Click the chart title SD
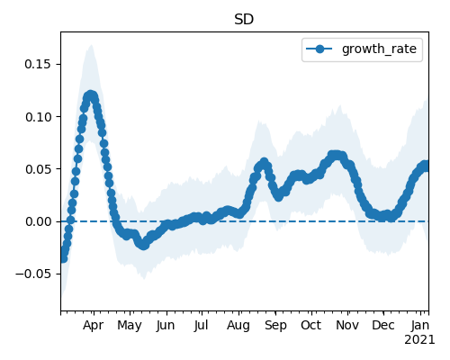[244, 20]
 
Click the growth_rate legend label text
[379, 49]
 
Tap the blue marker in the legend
[319, 49]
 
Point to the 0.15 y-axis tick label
[38, 64]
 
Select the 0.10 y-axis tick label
[38, 117]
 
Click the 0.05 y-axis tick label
[38, 169]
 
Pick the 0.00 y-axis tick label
[38, 221]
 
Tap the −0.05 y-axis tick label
[33, 274]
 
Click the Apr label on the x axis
[93, 326]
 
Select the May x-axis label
[130, 326]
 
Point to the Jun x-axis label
[166, 326]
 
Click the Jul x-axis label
[201, 326]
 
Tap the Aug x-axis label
[238, 326]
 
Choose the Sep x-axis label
[275, 326]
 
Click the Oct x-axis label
[311, 326]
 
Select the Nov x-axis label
[347, 326]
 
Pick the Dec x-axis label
[383, 326]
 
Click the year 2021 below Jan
[419, 340]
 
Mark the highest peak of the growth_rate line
[91, 96]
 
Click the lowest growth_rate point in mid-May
[143, 246]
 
